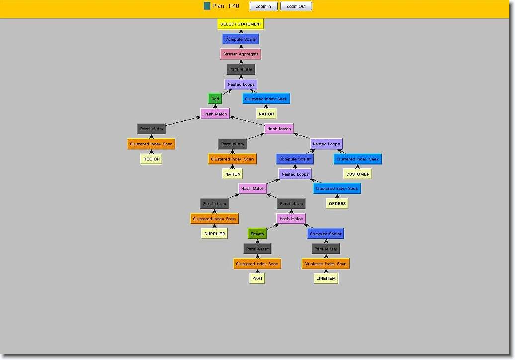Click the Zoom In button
(x=263, y=6)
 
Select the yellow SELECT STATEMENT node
(x=241, y=24)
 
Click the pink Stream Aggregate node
(x=241, y=54)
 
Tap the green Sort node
(x=215, y=99)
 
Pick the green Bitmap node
(x=257, y=233)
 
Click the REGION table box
(x=151, y=159)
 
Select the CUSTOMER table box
(x=358, y=174)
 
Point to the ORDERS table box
(x=338, y=203)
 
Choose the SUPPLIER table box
(x=215, y=233)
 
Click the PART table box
(x=257, y=278)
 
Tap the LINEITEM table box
(x=326, y=278)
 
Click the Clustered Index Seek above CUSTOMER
(x=358, y=159)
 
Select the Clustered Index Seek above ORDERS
(x=338, y=188)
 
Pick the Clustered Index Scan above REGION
(x=151, y=144)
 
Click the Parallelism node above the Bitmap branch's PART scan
(x=257, y=248)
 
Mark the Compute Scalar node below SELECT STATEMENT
(x=241, y=39)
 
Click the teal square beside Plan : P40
(x=207, y=6)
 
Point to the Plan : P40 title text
(x=226, y=6)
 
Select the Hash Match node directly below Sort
(x=215, y=114)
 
